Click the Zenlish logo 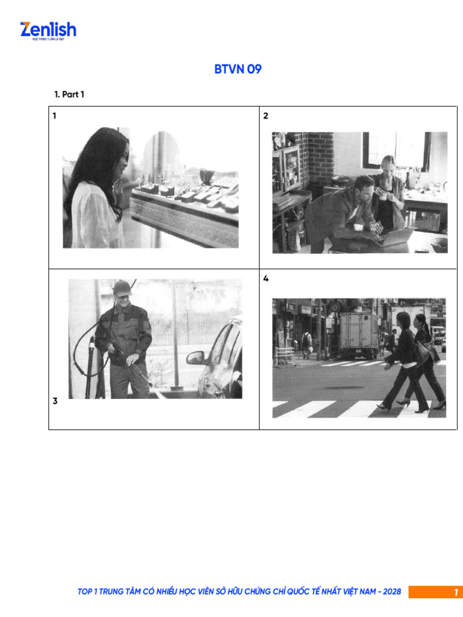(x=48, y=30)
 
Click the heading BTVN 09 (x=238, y=69)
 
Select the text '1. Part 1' (x=69, y=95)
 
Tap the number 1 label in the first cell (x=54, y=116)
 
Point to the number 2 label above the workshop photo (x=266, y=116)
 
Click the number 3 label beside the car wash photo (x=55, y=401)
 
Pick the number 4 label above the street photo (x=266, y=279)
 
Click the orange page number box (x=435, y=592)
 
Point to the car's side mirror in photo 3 (x=195, y=358)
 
